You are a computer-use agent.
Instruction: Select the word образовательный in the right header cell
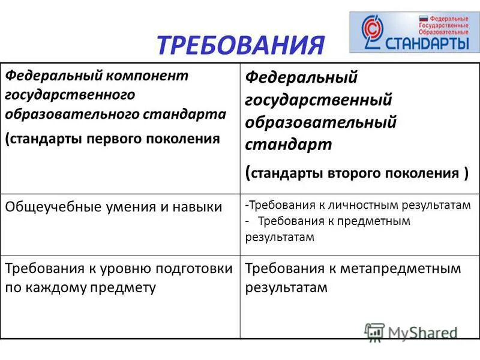click(320, 122)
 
